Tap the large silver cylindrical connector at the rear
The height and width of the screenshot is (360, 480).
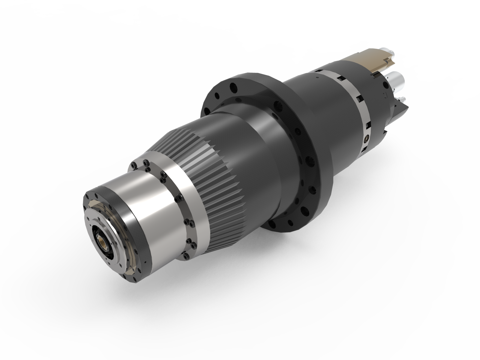(x=397, y=79)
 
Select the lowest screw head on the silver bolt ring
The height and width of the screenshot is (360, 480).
(x=186, y=255)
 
